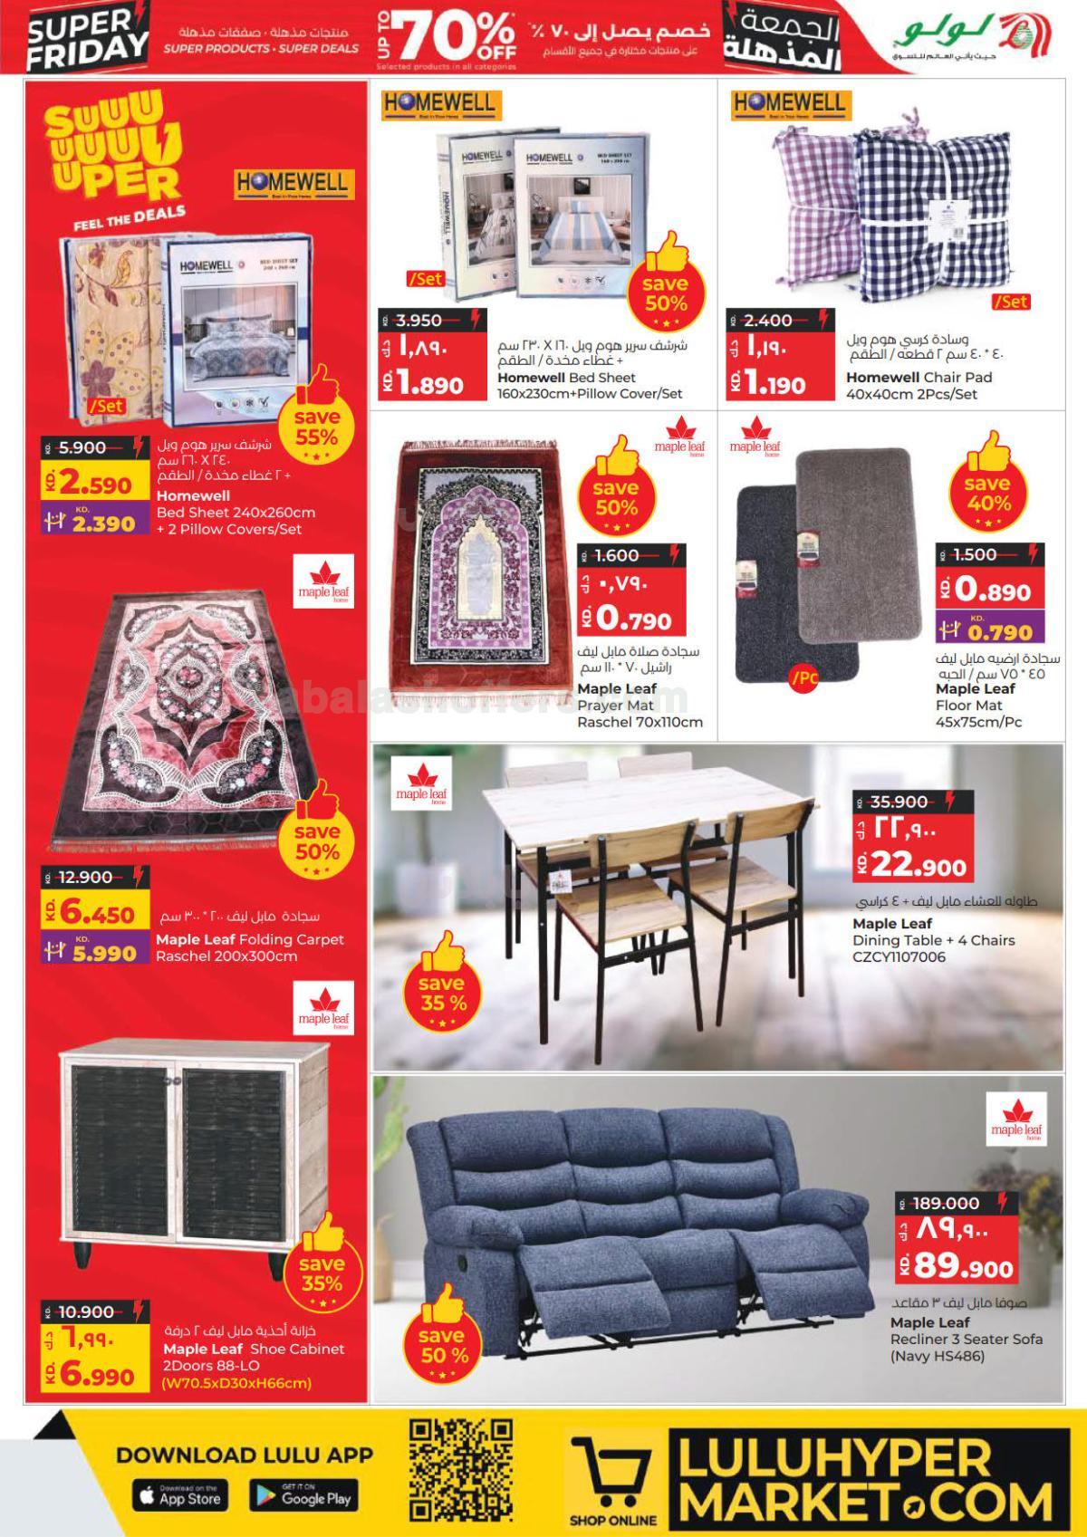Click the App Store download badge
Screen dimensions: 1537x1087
coord(180,1497)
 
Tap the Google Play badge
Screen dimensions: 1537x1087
coord(303,1497)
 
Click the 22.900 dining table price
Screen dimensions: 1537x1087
coord(917,866)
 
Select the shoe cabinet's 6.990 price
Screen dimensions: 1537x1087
coord(99,1377)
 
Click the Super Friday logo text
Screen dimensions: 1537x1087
coord(87,38)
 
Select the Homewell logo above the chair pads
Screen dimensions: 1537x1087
coord(789,105)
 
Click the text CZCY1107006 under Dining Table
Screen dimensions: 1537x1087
coord(899,956)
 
